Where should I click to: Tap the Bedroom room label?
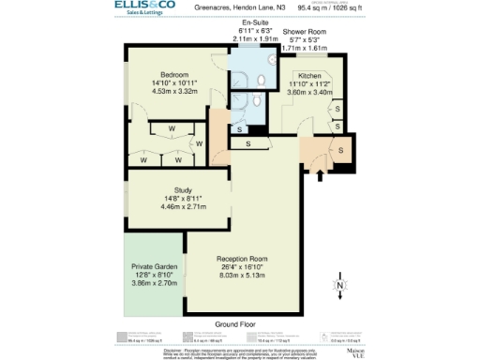click(x=174, y=75)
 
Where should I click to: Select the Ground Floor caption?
click(x=235, y=323)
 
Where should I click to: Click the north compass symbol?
click(x=340, y=285)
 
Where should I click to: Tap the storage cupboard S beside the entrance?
click(x=342, y=150)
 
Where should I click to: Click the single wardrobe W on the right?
click(x=199, y=143)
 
